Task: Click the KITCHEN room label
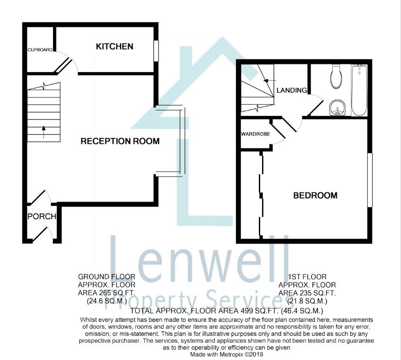(x=115, y=46)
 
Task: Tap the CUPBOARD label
(x=40, y=50)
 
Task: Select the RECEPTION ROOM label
(x=120, y=141)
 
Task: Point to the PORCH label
(x=42, y=217)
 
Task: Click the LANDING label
(x=292, y=90)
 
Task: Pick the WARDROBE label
(x=255, y=134)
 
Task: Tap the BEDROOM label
(x=315, y=196)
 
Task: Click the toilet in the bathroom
(x=336, y=76)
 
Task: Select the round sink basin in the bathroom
(x=337, y=108)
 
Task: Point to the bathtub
(x=359, y=90)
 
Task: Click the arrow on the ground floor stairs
(x=44, y=132)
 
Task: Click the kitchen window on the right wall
(x=156, y=51)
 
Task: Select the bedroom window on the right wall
(x=370, y=180)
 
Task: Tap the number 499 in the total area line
(x=246, y=311)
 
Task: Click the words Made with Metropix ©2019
(x=227, y=355)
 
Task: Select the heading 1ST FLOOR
(x=307, y=277)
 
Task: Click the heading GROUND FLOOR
(x=106, y=277)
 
